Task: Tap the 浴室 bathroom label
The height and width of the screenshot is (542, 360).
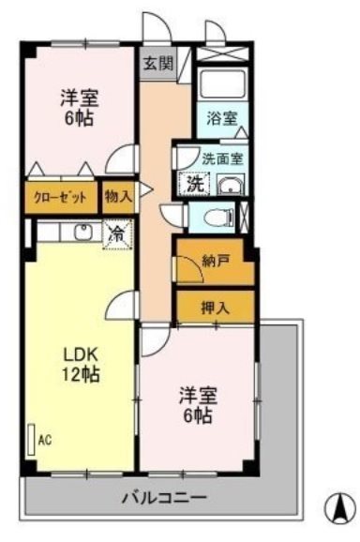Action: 222,120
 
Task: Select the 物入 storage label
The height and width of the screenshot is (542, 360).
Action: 118,197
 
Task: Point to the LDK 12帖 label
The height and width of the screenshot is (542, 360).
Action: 82,364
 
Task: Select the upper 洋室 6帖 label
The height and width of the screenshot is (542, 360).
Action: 81,108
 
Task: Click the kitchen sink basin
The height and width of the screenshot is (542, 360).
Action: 82,231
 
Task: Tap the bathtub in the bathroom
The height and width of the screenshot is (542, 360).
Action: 223,87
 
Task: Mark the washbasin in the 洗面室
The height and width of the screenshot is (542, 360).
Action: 225,185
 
